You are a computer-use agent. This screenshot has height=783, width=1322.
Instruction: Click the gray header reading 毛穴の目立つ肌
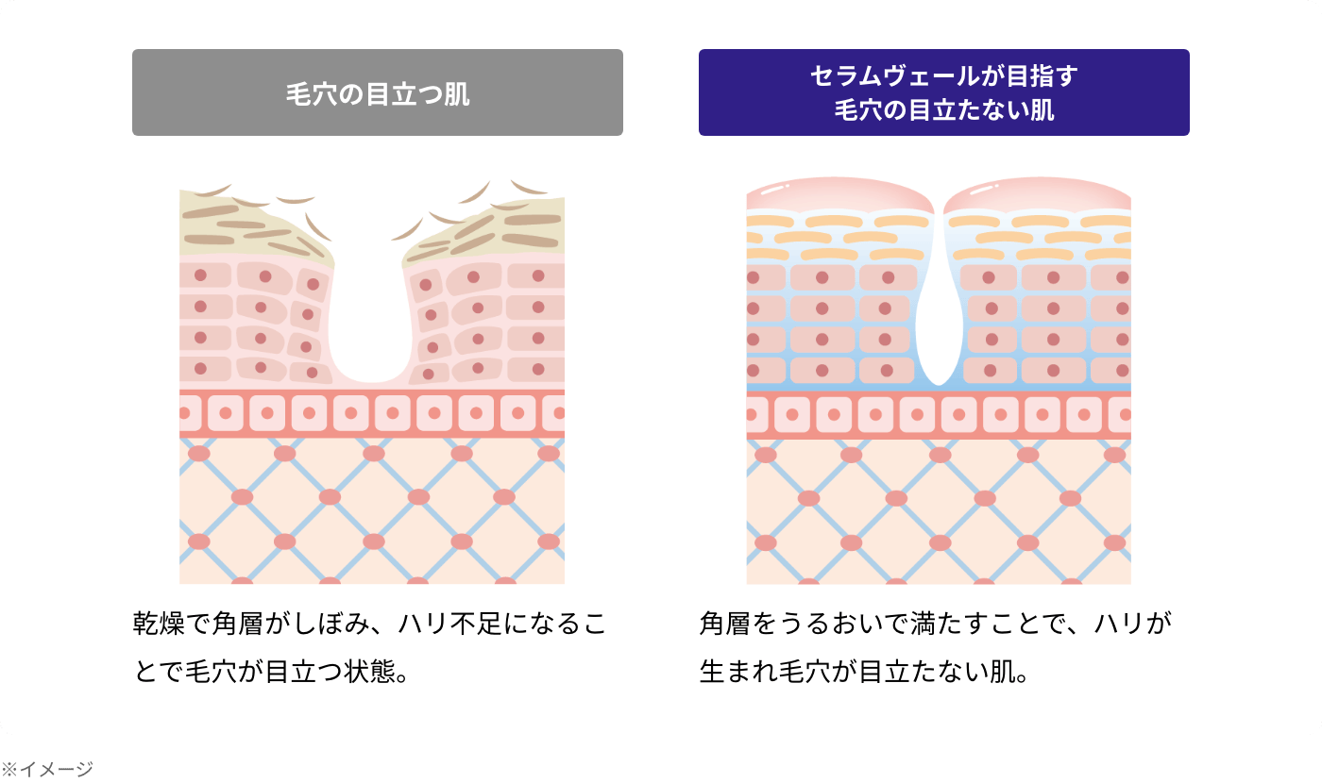tap(378, 92)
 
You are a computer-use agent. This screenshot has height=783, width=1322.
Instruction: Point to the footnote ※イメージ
tap(47, 769)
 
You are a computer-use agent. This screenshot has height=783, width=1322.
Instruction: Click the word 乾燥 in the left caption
tap(159, 624)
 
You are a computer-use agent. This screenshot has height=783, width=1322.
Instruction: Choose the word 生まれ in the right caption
tap(738, 671)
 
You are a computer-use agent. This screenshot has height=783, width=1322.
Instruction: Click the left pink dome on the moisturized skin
tap(839, 194)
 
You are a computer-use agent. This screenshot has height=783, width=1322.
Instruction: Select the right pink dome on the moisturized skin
tap(1038, 194)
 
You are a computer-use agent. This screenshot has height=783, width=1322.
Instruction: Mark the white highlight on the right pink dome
tap(984, 190)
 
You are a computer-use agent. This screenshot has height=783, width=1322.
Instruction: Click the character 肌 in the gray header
tap(457, 94)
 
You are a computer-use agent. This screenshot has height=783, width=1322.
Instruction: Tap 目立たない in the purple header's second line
tap(968, 110)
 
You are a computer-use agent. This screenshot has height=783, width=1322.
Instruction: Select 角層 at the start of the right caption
tap(725, 624)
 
